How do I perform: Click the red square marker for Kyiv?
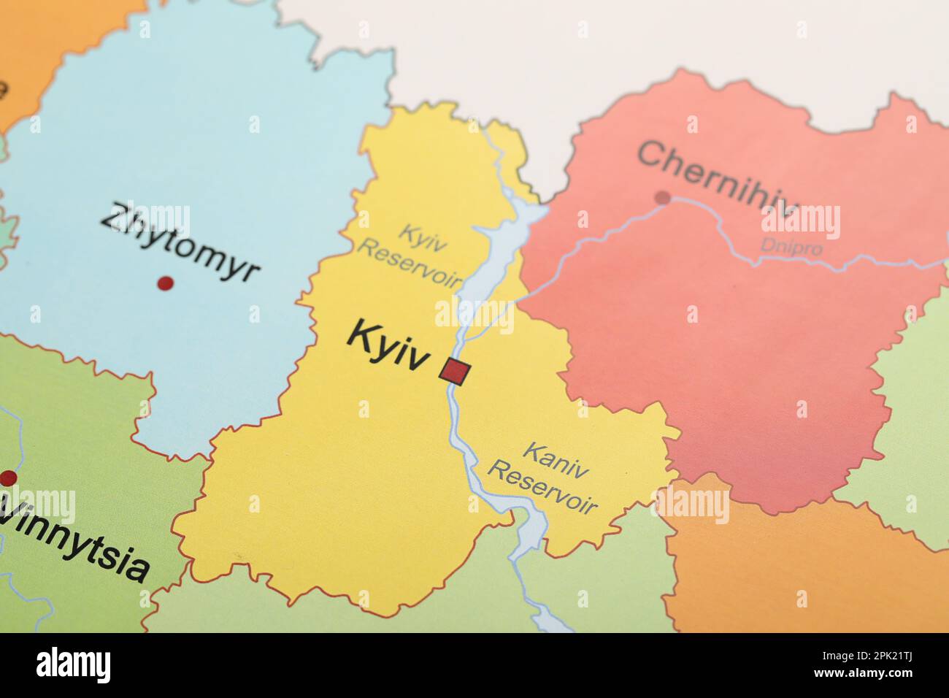[455, 372]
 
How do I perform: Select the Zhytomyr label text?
[180, 242]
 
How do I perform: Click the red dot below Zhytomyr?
[166, 283]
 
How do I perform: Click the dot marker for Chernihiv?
[662, 197]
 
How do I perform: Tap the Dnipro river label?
[791, 247]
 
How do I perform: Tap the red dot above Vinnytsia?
[8, 478]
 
